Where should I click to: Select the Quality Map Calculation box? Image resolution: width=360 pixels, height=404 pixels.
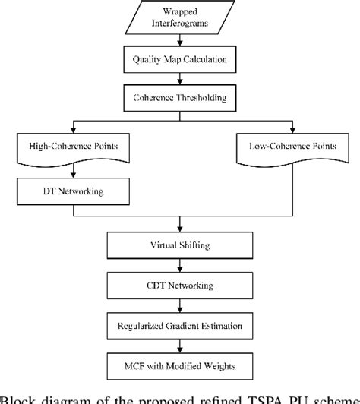click(x=179, y=59)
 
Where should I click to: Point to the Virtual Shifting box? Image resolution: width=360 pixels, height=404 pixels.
click(x=180, y=246)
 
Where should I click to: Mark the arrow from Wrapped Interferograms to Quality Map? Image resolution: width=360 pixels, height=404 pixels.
click(x=180, y=42)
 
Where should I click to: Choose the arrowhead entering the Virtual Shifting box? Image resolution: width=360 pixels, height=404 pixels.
click(x=180, y=229)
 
